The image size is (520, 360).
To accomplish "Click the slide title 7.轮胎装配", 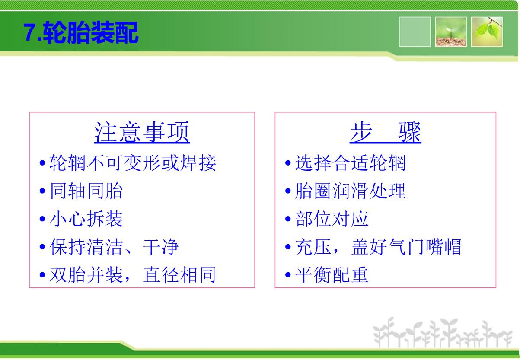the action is [81, 32].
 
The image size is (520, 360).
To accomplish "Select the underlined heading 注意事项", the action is [142, 132].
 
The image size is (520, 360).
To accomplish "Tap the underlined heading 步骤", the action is [386, 132].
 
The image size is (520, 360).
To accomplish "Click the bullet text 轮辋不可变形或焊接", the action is [133, 162].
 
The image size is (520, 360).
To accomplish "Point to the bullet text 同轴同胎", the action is [86, 191].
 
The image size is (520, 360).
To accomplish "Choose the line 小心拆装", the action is [86, 219].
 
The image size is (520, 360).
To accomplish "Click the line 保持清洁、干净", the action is [114, 246].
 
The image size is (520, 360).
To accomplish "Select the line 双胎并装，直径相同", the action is [133, 274].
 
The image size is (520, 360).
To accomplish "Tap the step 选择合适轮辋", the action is [350, 162].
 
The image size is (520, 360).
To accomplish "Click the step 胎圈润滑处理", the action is [350, 191].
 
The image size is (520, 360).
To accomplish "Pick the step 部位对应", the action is [332, 219].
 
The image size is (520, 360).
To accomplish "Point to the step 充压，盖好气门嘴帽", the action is [378, 246].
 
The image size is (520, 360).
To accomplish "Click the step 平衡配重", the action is [332, 274].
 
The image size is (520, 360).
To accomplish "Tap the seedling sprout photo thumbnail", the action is [451, 32].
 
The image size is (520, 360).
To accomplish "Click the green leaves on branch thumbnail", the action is [487, 32].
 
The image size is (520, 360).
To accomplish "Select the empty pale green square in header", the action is [415, 32].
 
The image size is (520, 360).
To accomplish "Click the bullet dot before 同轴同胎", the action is [42, 191].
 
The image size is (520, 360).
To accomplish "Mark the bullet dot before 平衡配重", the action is [288, 275].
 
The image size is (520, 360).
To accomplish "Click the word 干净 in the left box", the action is [161, 246].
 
